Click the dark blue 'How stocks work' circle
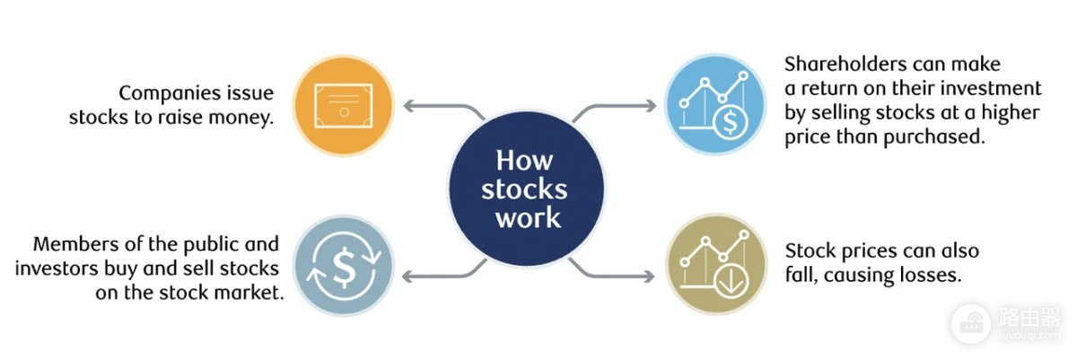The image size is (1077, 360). [527, 188]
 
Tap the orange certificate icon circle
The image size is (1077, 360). [344, 105]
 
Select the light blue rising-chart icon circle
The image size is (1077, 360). [715, 104]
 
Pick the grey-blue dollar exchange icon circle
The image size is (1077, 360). [344, 266]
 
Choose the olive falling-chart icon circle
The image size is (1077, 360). [716, 264]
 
